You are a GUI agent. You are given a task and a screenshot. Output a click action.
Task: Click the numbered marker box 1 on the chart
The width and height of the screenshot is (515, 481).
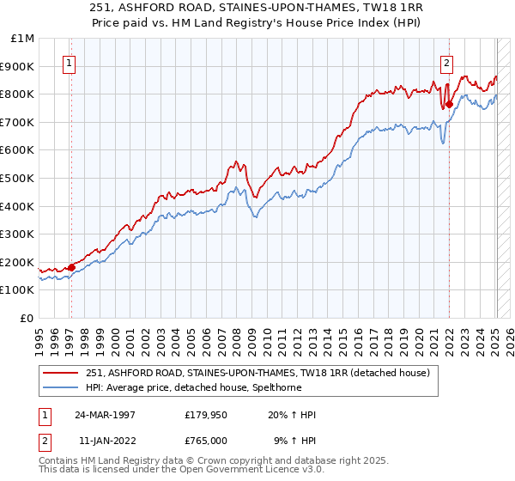click(x=68, y=62)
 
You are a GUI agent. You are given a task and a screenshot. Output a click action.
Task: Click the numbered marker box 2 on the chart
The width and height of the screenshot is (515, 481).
click(x=447, y=62)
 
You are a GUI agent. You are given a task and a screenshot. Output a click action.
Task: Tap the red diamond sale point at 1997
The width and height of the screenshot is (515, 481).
click(x=71, y=267)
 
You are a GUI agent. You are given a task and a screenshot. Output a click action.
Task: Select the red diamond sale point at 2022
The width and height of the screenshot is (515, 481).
click(x=449, y=103)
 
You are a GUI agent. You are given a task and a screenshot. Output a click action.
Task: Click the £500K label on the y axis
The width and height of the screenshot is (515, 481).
click(x=18, y=179)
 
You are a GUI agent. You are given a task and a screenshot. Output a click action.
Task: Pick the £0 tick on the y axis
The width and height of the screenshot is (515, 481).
click(x=27, y=318)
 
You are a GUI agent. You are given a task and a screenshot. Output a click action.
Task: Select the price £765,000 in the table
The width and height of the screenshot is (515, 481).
click(x=209, y=440)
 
